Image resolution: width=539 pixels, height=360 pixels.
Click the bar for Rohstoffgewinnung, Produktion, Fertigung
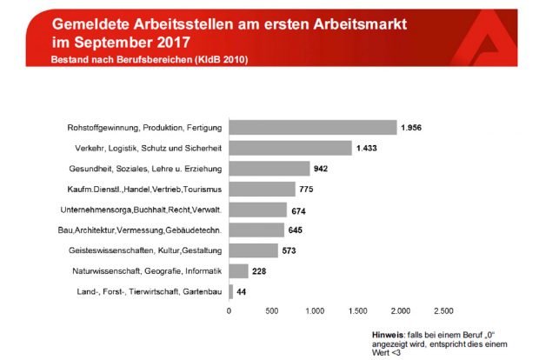(312, 128)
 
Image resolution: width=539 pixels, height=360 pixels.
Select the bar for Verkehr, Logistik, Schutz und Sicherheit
(289, 148)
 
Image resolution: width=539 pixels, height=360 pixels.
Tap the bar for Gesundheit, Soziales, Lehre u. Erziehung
(269, 169)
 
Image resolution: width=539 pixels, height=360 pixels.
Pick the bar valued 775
(262, 189)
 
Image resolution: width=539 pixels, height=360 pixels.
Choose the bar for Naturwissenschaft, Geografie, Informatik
(238, 270)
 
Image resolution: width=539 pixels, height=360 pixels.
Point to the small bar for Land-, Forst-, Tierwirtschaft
(230, 291)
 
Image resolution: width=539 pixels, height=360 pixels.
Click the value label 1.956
(411, 128)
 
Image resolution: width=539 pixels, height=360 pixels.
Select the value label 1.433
(366, 148)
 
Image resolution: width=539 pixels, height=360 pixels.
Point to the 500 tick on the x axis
(271, 310)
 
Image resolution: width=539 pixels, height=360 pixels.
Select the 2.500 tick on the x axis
(443, 310)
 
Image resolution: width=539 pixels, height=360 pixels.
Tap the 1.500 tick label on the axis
(357, 310)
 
